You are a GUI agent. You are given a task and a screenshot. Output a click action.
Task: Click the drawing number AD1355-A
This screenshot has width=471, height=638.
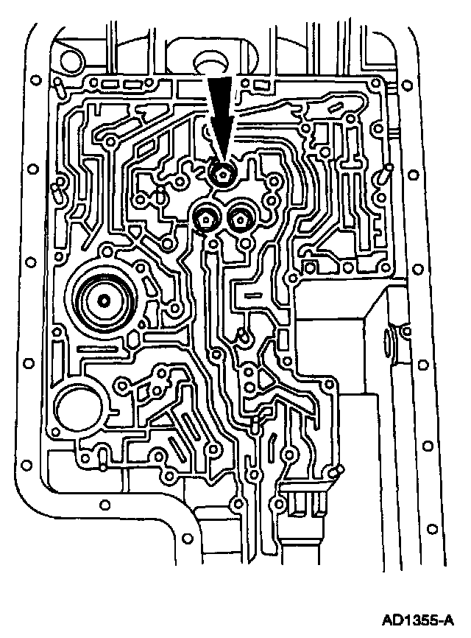click(417, 621)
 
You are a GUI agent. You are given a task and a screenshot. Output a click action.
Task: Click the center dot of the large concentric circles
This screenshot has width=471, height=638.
click(103, 301)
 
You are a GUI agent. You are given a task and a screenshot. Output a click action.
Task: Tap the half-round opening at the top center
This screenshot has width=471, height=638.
click(208, 59)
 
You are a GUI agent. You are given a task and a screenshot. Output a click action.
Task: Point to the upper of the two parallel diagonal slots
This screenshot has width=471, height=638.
click(189, 427)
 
